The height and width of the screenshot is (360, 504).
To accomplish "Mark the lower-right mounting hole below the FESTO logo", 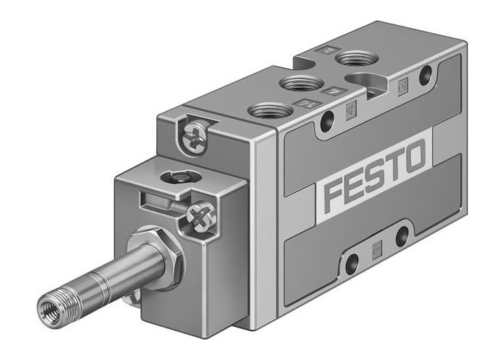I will coord(402,236).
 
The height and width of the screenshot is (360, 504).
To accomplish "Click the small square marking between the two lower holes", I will coord(377,249).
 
